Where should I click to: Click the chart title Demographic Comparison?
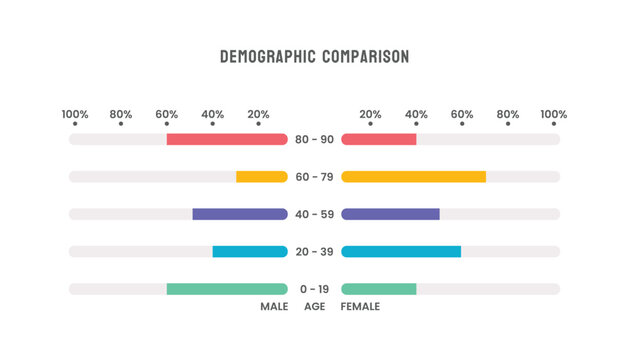pyautogui.click(x=314, y=57)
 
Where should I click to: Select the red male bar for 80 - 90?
pyautogui.click(x=227, y=139)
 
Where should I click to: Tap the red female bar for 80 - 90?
pyautogui.click(x=379, y=139)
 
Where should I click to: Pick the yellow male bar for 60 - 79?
pyautogui.click(x=261, y=177)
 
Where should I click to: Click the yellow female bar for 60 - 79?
pyautogui.click(x=413, y=177)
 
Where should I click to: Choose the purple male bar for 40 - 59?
pyautogui.click(x=240, y=214)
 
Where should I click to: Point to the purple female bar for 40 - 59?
pyautogui.click(x=390, y=214)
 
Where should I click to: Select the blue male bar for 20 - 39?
pyautogui.click(x=250, y=251)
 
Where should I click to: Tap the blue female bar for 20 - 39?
pyautogui.click(x=401, y=251)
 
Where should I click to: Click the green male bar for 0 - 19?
pyautogui.click(x=227, y=289)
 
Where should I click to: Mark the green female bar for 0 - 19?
pyautogui.click(x=379, y=289)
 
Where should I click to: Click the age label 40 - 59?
pyautogui.click(x=315, y=214)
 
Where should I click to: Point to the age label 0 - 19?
pyautogui.click(x=315, y=289)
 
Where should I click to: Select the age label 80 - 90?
pyautogui.click(x=315, y=139)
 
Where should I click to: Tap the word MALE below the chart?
pyautogui.click(x=274, y=307)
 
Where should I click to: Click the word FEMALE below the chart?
pyautogui.click(x=360, y=307)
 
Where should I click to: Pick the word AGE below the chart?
pyautogui.click(x=315, y=307)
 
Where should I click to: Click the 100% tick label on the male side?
pyautogui.click(x=75, y=114)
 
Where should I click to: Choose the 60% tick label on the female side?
pyautogui.click(x=462, y=114)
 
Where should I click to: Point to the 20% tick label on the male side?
pyautogui.click(x=258, y=114)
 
